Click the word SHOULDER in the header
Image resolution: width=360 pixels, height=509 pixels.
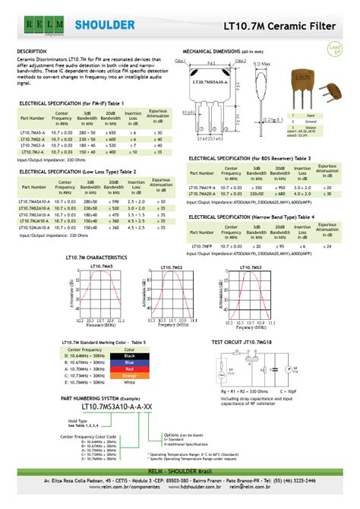(x=105, y=25)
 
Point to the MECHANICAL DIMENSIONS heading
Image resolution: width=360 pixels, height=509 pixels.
(x=223, y=51)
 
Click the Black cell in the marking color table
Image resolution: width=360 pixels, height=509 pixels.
(x=128, y=355)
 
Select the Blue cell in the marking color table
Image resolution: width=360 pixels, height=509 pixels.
(x=128, y=362)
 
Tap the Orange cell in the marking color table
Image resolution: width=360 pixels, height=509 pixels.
(x=128, y=375)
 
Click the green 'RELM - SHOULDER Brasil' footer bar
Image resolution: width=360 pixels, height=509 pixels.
(x=180, y=472)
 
